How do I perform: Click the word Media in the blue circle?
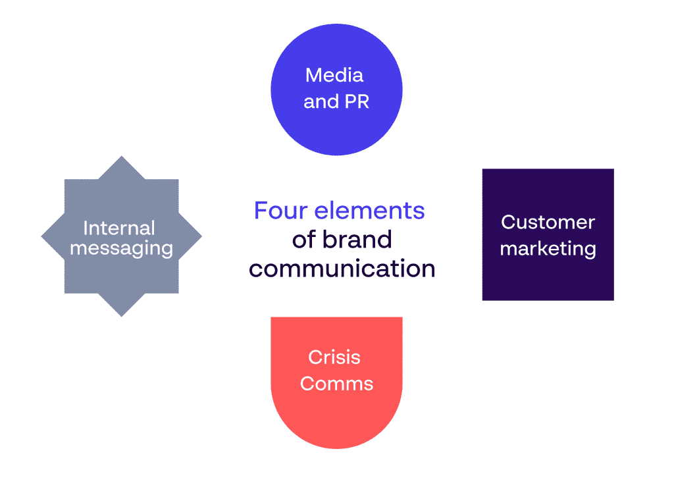334,75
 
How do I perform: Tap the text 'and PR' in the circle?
336,102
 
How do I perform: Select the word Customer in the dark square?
548,223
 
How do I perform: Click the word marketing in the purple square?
548,250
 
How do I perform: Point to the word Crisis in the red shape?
334,357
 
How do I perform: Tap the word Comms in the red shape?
336,384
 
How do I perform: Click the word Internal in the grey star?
119,228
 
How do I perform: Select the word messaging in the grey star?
121,249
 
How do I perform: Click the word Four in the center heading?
281,211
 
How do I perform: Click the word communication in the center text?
342,269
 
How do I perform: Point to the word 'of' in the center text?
304,240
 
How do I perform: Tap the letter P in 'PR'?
351,102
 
